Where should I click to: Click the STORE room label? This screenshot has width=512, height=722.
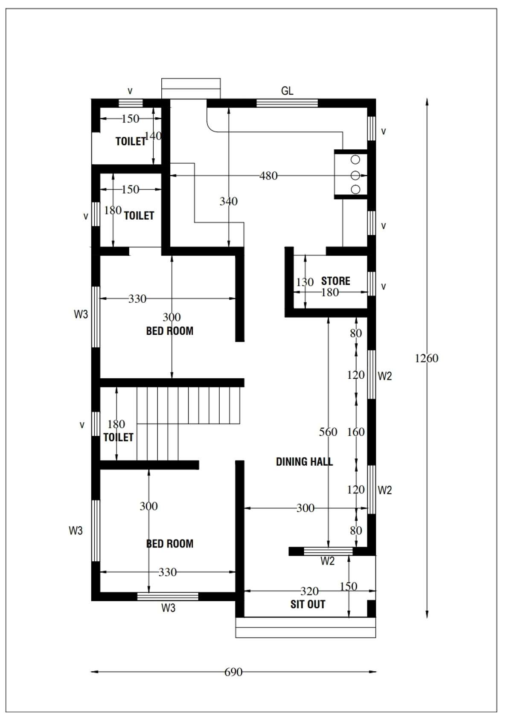tap(335, 281)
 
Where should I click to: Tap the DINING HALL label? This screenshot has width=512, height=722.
tap(304, 462)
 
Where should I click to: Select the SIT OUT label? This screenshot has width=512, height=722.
tap(308, 604)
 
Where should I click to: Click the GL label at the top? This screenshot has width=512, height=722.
tap(287, 91)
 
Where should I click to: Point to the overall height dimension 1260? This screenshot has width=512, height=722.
tap(427, 358)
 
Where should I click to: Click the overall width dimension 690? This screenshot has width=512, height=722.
tap(233, 672)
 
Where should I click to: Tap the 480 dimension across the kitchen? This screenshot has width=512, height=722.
tap(268, 176)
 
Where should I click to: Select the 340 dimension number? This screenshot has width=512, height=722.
tap(229, 201)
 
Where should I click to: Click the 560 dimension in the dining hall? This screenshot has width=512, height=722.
tap(328, 432)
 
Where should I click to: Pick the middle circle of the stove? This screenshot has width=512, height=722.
tap(355, 175)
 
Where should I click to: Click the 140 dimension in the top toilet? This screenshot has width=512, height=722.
tap(153, 136)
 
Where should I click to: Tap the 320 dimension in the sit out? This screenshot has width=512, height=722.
tap(309, 591)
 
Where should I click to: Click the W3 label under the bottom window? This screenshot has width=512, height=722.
tap(168, 608)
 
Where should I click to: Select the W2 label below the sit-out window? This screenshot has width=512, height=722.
tap(328, 561)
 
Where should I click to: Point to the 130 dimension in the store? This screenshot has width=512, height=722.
tap(305, 282)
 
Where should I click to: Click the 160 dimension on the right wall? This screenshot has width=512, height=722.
tap(356, 432)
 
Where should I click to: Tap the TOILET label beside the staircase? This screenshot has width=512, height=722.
tap(118, 437)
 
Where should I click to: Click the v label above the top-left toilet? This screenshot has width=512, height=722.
tap(130, 91)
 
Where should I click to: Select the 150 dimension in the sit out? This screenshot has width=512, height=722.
tap(349, 586)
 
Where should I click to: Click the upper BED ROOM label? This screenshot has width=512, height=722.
tap(170, 331)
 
